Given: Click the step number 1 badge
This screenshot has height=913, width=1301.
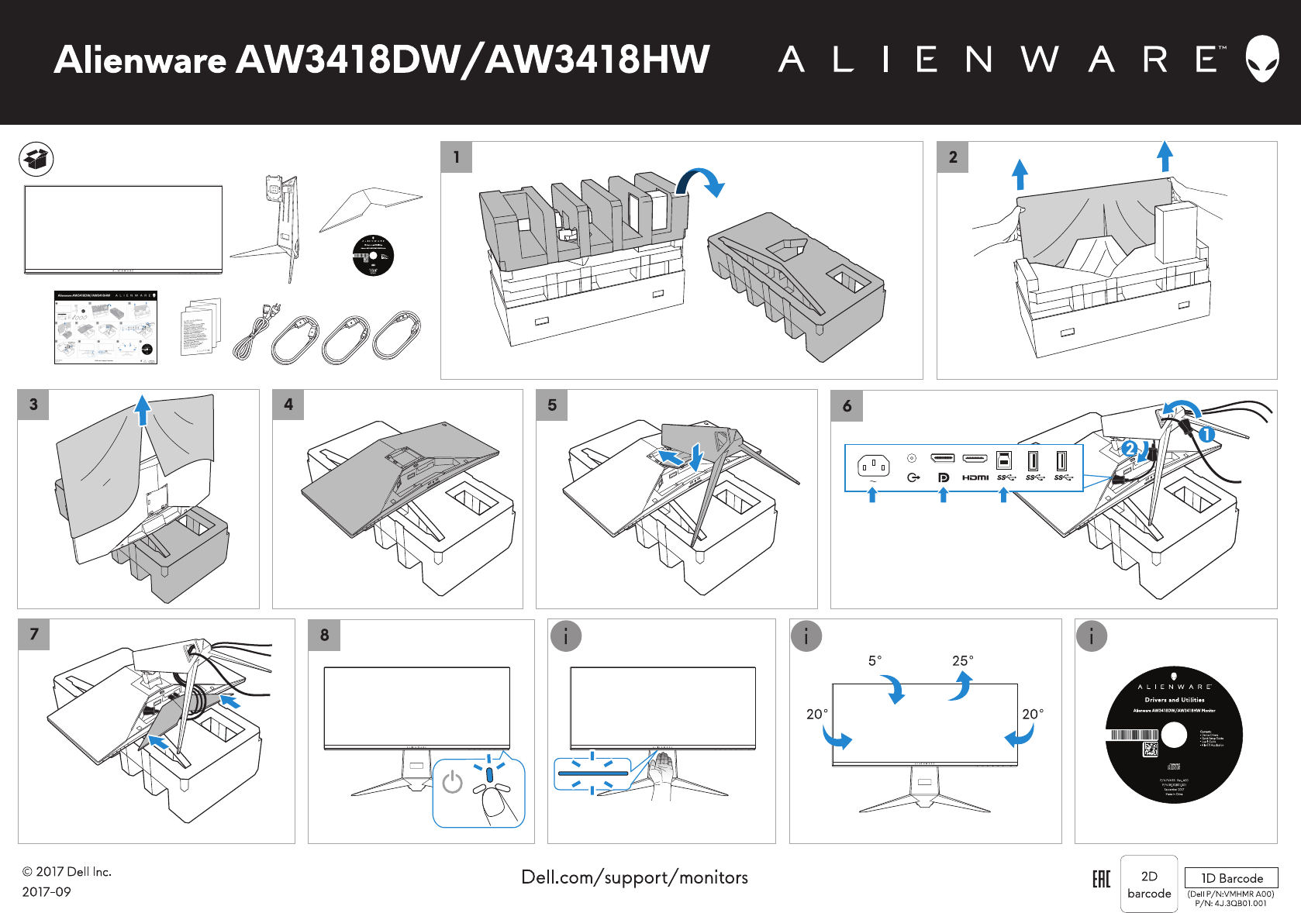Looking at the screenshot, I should pyautogui.click(x=457, y=157).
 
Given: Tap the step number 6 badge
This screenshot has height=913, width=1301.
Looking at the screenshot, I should pyautogui.click(x=847, y=405).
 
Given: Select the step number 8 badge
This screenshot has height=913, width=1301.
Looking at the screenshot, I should pyautogui.click(x=324, y=635).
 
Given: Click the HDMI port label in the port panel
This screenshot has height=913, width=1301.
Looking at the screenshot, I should pyautogui.click(x=975, y=477).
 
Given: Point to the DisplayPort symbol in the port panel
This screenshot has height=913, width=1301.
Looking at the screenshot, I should pyautogui.click(x=943, y=477).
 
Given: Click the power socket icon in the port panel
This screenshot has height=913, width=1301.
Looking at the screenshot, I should pyautogui.click(x=873, y=466).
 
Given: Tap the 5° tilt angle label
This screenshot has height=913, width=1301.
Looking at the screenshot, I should pyautogui.click(x=875, y=660).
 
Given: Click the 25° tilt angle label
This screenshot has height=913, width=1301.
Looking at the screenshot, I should pyautogui.click(x=962, y=660).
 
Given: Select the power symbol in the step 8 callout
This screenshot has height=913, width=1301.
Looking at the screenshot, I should pyautogui.click(x=452, y=783).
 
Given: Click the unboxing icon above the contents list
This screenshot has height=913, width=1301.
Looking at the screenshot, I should pyautogui.click(x=36, y=159).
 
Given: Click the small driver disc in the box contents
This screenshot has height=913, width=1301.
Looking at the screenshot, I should pyautogui.click(x=373, y=255).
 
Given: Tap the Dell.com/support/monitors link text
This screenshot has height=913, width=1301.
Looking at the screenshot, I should pyautogui.click(x=634, y=877).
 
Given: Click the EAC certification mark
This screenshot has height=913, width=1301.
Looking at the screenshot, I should pyautogui.click(x=1101, y=879).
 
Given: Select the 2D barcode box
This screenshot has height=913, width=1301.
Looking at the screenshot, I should pyautogui.click(x=1149, y=884).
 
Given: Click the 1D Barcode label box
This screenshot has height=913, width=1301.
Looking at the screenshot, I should pyautogui.click(x=1231, y=878).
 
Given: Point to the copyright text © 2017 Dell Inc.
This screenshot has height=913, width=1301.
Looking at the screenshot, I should pyautogui.click(x=67, y=872).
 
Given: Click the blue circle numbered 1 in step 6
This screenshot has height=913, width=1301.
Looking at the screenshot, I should pyautogui.click(x=1206, y=434).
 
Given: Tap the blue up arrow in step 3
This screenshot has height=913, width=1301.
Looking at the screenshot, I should pyautogui.click(x=143, y=410).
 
